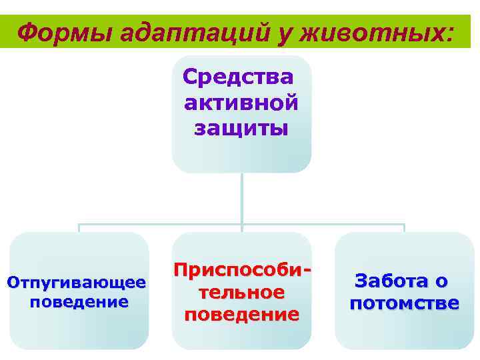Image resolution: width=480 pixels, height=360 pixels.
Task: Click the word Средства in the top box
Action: click(237, 78)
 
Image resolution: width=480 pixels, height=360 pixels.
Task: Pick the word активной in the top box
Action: click(241, 103)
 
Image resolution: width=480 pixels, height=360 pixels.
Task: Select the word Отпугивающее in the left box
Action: click(76, 283)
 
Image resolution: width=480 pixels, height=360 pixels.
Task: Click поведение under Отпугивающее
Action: click(79, 302)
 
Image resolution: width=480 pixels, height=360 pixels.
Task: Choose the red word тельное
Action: click(241, 293)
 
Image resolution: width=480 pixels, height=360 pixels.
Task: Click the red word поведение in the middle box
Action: click(241, 313)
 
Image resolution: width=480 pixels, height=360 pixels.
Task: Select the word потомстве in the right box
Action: click(404, 304)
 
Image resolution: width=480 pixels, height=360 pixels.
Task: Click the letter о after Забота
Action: click(441, 281)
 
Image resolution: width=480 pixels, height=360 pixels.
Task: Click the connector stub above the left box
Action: click(79, 228)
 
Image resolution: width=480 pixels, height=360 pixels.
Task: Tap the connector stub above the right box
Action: click(404, 228)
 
